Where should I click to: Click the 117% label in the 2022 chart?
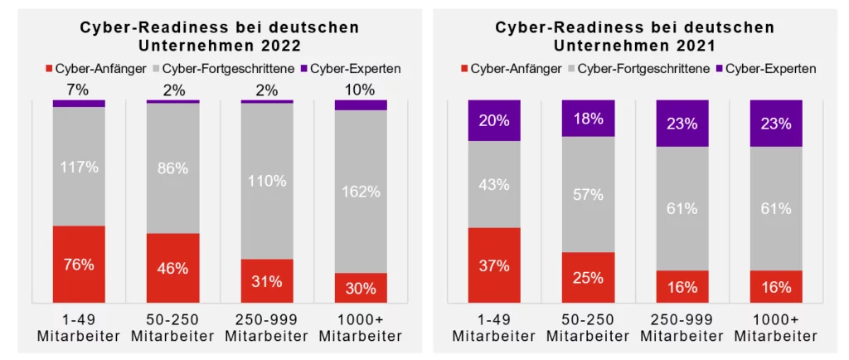[79, 167]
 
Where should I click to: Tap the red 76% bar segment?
[79, 265]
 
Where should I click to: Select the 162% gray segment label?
[361, 192]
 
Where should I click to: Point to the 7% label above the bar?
[79, 88]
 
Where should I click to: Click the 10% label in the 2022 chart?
[361, 88]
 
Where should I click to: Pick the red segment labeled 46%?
[173, 268]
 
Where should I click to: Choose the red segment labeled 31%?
[267, 281]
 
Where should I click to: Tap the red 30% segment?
[361, 288]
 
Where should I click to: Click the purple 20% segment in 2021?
[494, 120]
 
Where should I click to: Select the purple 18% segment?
[588, 118]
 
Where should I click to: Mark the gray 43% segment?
[494, 185]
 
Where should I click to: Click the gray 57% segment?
[588, 195]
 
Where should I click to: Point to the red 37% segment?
[494, 265]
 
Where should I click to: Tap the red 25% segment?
[588, 277]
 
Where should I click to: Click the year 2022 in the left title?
[280, 45]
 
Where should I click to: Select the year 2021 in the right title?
[696, 45]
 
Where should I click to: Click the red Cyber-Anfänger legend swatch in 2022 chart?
[49, 69]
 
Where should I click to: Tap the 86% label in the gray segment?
[173, 168]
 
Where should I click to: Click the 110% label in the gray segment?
[267, 181]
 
